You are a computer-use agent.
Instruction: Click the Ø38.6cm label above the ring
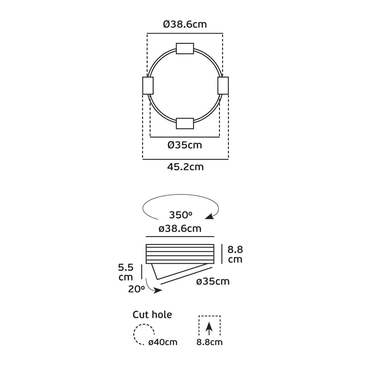tap(185, 24)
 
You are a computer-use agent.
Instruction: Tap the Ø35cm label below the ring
tap(185, 145)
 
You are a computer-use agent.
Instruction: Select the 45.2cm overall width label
tap(186, 167)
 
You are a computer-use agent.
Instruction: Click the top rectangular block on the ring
tap(185, 48)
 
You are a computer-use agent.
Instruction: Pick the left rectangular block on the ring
tap(148, 85)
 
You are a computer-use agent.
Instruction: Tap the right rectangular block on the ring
tap(223, 85)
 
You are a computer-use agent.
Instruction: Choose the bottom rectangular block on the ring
tap(185, 123)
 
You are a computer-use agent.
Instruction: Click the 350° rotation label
tap(180, 215)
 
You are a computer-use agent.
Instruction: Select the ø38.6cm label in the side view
tap(180, 229)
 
